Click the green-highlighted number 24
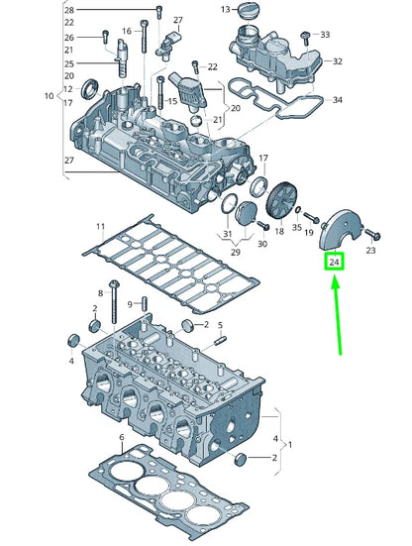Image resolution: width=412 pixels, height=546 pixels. pos(335,263)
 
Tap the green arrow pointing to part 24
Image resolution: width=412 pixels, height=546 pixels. pos(339,314)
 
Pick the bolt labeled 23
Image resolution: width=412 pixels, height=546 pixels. pos(372,234)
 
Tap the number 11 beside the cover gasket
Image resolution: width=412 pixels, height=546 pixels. pos(99,227)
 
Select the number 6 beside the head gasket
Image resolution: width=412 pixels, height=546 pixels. pos(121,437)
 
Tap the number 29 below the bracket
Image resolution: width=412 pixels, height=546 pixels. pos(236,254)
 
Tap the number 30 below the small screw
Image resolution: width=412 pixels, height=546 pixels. pos(262,244)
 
